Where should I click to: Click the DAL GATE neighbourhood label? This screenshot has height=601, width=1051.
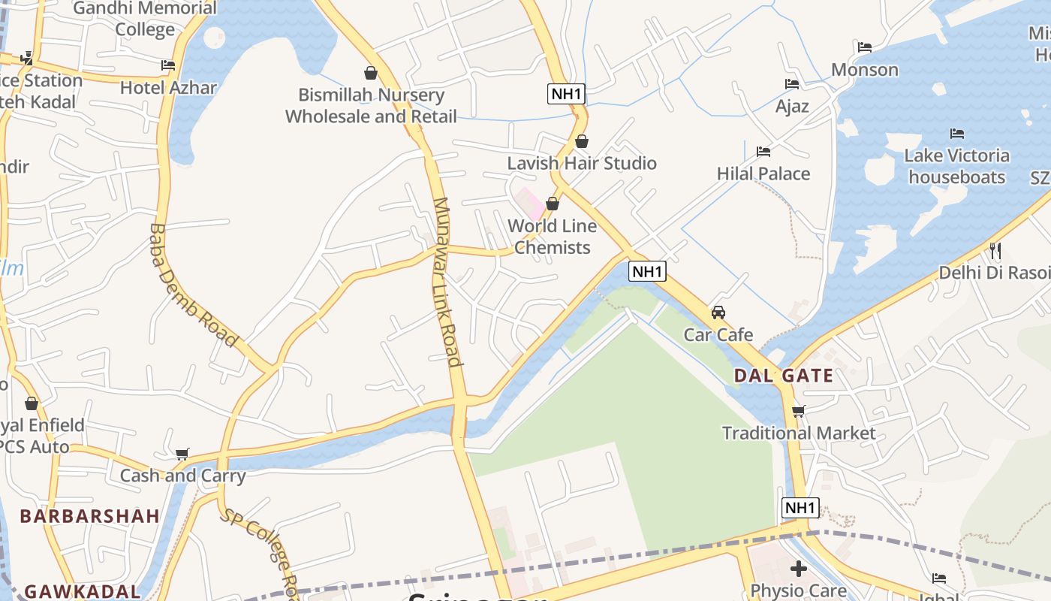click(783, 376)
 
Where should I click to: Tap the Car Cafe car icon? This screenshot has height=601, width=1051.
click(718, 312)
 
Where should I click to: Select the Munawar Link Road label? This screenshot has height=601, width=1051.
click(447, 282)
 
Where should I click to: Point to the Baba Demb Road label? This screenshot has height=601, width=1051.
click(193, 285)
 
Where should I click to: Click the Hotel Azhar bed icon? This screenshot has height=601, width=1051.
click(168, 65)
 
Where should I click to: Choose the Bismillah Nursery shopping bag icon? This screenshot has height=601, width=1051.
click(370, 72)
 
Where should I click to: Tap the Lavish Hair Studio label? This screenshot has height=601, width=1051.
click(582, 163)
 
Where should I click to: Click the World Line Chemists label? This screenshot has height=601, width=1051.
click(553, 237)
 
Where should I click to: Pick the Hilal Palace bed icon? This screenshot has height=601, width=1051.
click(763, 152)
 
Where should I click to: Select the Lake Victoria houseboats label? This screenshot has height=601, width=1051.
click(956, 166)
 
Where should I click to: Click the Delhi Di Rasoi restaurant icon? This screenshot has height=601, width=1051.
click(995, 250)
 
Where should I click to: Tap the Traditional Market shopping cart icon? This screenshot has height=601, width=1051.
click(799, 411)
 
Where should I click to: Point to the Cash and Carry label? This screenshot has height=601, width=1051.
click(183, 476)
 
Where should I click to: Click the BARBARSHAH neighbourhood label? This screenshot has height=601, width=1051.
click(89, 516)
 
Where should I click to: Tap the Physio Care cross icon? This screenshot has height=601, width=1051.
click(799, 569)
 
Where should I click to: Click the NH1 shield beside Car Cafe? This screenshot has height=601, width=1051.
click(647, 271)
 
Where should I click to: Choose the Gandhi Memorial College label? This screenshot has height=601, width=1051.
click(145, 19)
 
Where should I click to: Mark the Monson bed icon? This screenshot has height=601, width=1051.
click(865, 47)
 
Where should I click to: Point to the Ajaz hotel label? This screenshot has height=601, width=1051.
click(792, 106)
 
